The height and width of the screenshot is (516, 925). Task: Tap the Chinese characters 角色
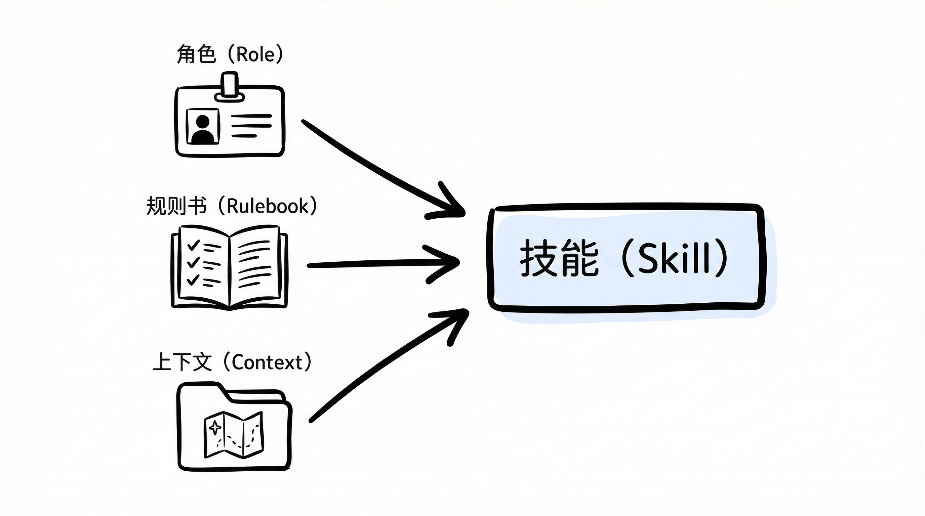(x=196, y=55)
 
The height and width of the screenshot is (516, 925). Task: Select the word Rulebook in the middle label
(x=268, y=206)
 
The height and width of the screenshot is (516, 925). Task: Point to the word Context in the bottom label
(x=268, y=362)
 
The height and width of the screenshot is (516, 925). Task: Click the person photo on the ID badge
(x=203, y=127)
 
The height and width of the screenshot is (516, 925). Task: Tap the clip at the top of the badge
(x=230, y=86)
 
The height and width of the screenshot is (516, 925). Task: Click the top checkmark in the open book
(x=194, y=245)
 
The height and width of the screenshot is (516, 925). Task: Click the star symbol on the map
(x=215, y=427)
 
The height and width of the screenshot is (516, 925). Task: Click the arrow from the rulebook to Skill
(x=377, y=264)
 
